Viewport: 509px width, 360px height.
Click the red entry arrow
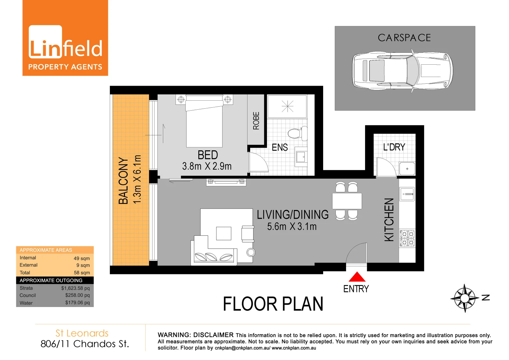357,277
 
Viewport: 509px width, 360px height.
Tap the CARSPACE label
404,38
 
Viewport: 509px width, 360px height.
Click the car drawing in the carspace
402,70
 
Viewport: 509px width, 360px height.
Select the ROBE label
256,121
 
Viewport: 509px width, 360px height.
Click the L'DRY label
394,147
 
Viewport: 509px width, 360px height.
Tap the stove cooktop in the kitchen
407,238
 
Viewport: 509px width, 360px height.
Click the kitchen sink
407,194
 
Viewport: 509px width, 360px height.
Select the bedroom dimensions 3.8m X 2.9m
207,166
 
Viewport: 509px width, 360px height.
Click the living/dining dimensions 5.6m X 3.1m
292,227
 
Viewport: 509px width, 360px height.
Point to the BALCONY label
123,180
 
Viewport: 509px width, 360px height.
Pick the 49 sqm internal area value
82,258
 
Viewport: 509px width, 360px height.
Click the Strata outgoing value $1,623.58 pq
75,288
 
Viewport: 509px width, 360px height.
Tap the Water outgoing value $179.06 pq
77,303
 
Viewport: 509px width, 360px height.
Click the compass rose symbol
464,298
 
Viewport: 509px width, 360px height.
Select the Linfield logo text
66,49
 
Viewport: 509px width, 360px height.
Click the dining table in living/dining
347,201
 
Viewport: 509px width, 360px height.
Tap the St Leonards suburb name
82,333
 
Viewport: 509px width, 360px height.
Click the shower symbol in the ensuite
287,106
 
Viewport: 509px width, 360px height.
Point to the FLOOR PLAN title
273,304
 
